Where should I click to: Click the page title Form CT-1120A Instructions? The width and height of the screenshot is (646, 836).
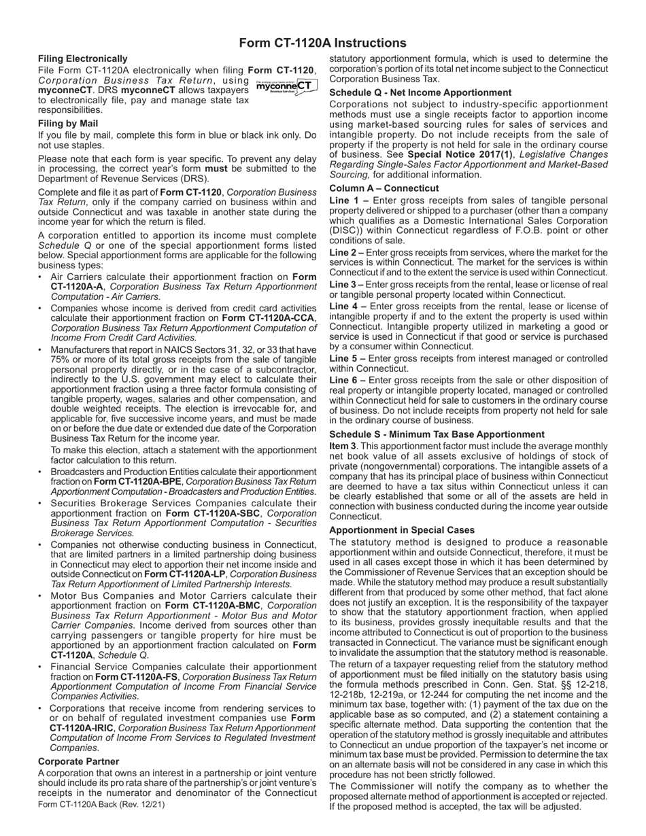click(322, 43)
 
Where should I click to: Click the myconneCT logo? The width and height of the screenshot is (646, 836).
click(286, 86)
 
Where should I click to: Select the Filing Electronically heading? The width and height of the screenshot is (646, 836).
click(82, 59)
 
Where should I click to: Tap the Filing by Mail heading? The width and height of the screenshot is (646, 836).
click(68, 124)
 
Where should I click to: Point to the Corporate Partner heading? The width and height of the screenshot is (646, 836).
click(78, 761)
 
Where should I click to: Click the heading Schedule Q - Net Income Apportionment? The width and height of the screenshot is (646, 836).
click(420, 92)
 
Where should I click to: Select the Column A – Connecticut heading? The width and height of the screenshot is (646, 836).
click(384, 188)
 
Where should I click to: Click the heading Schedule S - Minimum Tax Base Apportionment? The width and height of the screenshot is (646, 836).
click(437, 434)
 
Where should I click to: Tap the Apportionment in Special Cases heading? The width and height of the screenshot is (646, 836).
click(402, 530)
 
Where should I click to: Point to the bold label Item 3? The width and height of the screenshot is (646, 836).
click(343, 445)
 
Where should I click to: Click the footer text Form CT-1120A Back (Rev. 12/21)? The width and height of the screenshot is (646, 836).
click(101, 804)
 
